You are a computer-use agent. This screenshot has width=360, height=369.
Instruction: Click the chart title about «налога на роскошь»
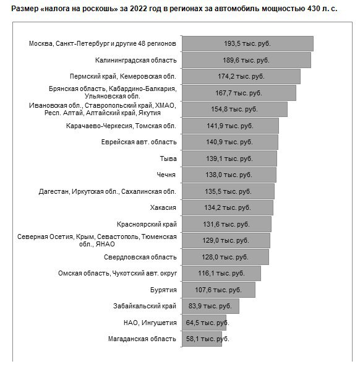[x=174, y=9]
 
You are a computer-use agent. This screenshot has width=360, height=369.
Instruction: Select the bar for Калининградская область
[x=246, y=60]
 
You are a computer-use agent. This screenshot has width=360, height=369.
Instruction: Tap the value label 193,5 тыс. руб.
[x=247, y=43]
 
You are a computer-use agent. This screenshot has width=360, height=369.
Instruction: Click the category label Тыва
[x=168, y=158]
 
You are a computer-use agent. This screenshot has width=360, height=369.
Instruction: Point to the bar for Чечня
[x=229, y=175]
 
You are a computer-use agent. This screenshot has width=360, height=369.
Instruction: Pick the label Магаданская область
[x=142, y=339]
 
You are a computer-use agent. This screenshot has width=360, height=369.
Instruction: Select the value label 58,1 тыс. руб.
[x=207, y=339]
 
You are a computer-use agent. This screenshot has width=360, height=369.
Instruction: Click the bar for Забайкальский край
[x=211, y=306]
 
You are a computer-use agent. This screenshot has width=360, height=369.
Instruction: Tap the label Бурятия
[x=163, y=290]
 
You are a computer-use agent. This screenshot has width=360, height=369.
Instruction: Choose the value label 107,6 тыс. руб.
[x=218, y=290]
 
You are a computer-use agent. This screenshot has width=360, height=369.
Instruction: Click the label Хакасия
[x=163, y=208]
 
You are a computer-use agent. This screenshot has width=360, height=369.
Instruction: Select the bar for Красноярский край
[x=226, y=224]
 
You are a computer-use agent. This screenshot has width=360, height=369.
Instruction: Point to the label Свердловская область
[x=140, y=257]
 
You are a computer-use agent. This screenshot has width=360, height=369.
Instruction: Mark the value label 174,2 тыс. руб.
[x=241, y=77]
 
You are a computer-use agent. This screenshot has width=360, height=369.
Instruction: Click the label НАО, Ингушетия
[x=150, y=323]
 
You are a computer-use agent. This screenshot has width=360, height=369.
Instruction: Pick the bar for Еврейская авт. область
[x=230, y=142]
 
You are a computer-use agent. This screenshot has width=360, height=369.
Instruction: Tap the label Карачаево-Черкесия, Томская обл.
[x=121, y=126]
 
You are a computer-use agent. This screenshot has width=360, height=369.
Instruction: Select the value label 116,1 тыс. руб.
[x=221, y=274]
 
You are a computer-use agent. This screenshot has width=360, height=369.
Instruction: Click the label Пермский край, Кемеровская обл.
[x=122, y=77]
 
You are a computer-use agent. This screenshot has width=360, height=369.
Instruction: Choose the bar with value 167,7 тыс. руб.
[x=239, y=93]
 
